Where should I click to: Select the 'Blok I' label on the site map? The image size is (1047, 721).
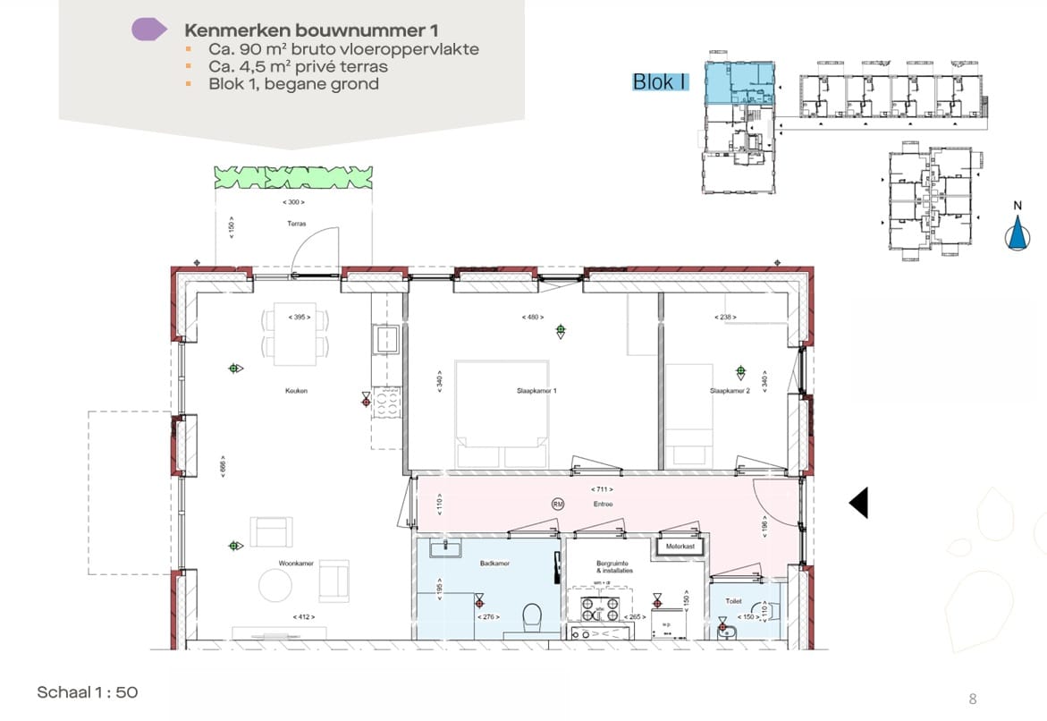pyautogui.click(x=660, y=81)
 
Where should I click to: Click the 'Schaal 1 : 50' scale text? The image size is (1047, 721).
pyautogui.click(x=88, y=691)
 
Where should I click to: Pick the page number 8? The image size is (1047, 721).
pyautogui.click(x=973, y=699)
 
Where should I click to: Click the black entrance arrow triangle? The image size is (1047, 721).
pyautogui.click(x=858, y=503)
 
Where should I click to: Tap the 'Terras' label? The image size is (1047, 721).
pyautogui.click(x=297, y=224)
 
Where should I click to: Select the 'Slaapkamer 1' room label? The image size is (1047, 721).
pyautogui.click(x=536, y=391)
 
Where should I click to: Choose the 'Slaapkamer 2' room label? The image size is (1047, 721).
pyautogui.click(x=729, y=391)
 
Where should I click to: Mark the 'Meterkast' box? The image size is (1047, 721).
pyautogui.click(x=680, y=545)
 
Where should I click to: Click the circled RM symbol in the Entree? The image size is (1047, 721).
pyautogui.click(x=558, y=504)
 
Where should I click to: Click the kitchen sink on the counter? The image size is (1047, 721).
pyautogui.click(x=387, y=339)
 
